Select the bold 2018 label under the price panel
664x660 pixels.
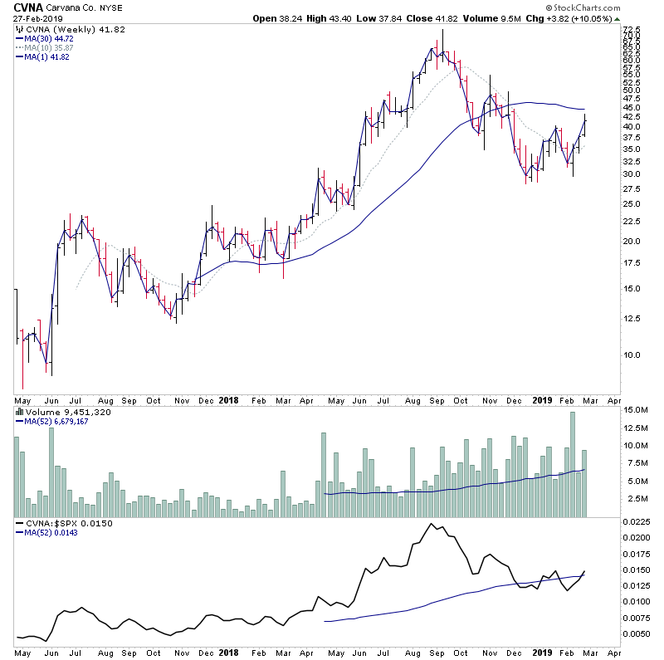[230, 399]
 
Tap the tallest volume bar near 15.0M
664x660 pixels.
[571, 464]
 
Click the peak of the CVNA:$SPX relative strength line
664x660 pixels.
[432, 524]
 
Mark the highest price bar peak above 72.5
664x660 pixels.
[443, 30]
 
